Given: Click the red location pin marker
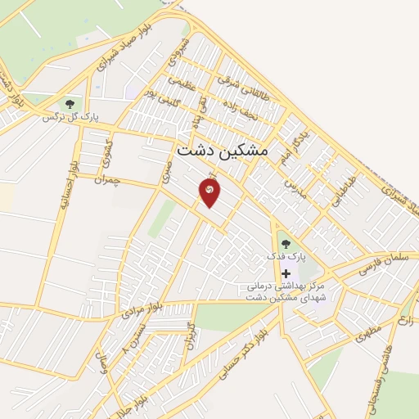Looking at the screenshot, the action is click(209, 191).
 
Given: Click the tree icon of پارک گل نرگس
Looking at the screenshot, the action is click(69, 104).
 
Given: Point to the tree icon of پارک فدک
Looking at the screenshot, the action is click(285, 243).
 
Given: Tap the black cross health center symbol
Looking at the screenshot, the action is click(285, 273).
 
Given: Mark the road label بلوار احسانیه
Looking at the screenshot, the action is click(63, 182).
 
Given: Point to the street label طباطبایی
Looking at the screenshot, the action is click(349, 190).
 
